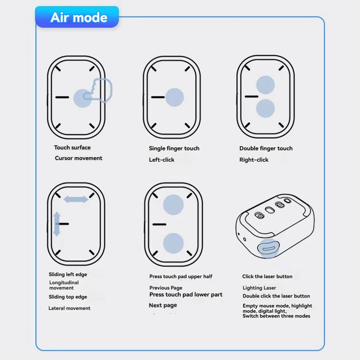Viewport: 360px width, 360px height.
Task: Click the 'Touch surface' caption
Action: click(x=72, y=147)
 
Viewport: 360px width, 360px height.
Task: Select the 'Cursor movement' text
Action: click(x=78, y=158)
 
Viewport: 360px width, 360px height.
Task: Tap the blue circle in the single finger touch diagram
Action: click(x=174, y=97)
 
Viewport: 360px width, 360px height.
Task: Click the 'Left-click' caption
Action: click(x=161, y=160)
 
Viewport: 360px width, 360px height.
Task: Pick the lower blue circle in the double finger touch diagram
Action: click(x=265, y=109)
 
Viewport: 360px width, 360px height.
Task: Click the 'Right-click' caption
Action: click(x=254, y=160)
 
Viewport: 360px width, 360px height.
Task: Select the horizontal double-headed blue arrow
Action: click(x=76, y=199)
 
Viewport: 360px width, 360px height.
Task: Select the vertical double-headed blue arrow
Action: click(x=56, y=224)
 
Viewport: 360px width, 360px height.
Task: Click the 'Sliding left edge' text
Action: click(x=68, y=274)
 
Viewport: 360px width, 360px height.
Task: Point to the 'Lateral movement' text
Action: click(x=69, y=308)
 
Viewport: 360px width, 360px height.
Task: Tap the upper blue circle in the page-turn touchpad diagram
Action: click(x=173, y=205)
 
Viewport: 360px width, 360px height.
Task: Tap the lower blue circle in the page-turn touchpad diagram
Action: click(x=173, y=243)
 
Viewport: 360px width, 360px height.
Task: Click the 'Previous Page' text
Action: click(x=166, y=288)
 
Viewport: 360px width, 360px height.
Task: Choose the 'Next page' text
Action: click(x=163, y=305)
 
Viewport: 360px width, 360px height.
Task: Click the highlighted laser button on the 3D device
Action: click(x=268, y=248)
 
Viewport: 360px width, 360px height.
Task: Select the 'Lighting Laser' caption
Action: click(x=259, y=288)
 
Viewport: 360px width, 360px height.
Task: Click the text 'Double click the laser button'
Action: click(x=276, y=296)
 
